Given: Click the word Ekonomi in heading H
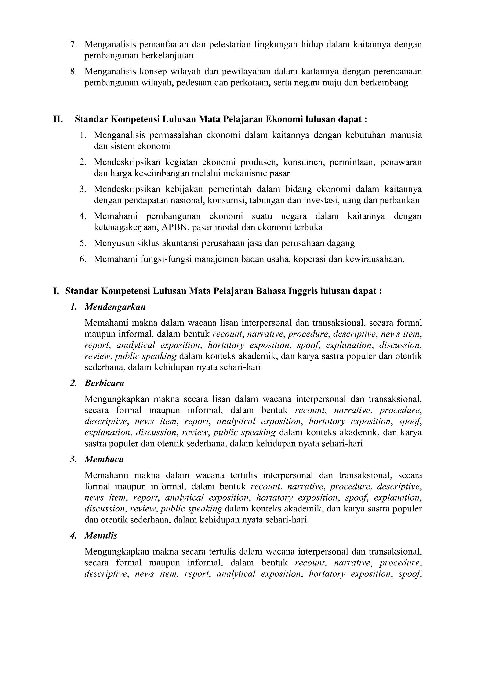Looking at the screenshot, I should pos(284,119).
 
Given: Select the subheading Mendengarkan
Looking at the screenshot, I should pos(115,307).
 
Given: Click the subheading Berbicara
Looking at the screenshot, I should pos(104,383).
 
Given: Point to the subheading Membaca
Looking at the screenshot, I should pos(104,459).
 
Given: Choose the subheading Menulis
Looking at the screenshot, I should pos(101,536).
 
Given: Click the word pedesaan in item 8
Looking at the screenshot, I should pos(194,83).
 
